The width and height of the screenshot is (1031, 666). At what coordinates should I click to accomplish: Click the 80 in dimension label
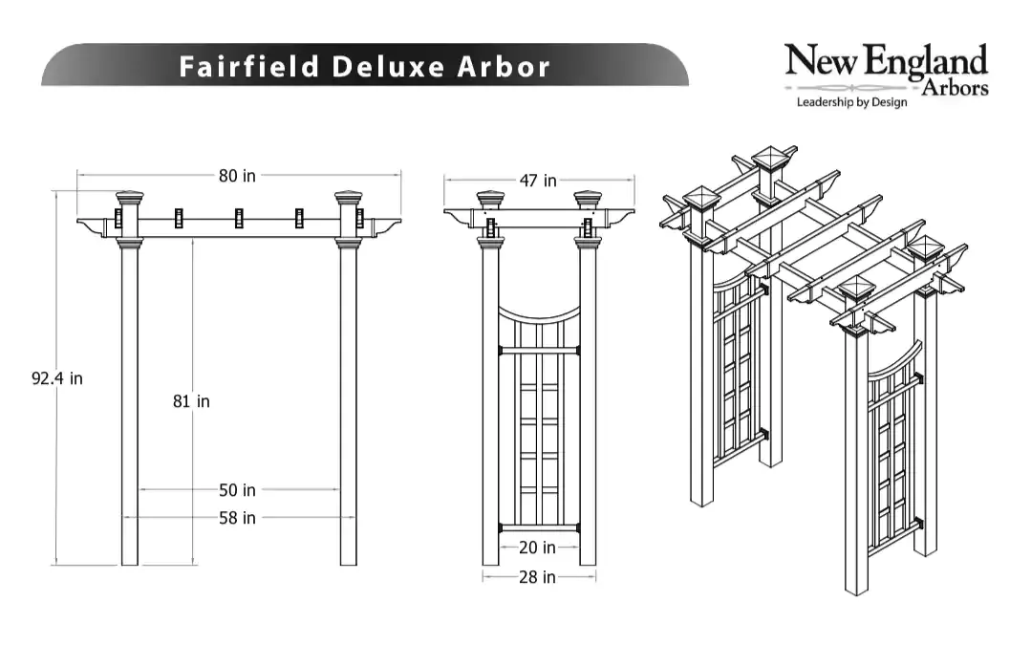point(237,176)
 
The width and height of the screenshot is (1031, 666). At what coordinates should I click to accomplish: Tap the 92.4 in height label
point(57,378)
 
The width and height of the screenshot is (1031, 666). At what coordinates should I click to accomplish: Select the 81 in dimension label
point(191,401)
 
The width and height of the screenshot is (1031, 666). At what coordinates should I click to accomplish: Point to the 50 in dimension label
point(237,490)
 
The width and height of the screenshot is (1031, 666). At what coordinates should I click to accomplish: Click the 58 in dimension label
point(237,518)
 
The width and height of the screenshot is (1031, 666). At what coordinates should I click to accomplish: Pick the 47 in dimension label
point(538,181)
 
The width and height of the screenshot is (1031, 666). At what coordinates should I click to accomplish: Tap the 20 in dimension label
point(537,547)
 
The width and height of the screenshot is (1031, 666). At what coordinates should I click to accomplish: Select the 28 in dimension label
point(537,577)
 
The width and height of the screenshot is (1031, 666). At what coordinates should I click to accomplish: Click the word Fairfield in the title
point(249,66)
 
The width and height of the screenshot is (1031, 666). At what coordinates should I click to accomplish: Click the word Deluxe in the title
point(388,66)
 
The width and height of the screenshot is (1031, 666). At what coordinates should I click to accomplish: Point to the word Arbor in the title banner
point(503,66)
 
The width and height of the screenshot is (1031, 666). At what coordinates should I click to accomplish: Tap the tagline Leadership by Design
point(851,102)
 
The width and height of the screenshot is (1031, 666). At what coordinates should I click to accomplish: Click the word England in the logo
point(925,62)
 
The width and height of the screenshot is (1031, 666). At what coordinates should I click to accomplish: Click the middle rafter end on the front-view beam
point(239,218)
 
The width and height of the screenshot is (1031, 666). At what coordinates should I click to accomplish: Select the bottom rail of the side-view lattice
point(539,527)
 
